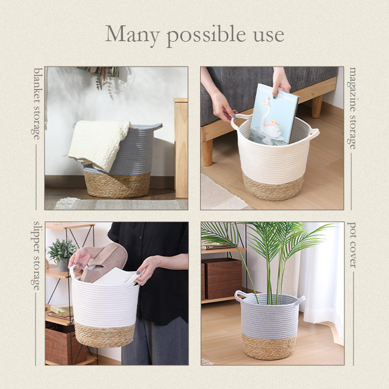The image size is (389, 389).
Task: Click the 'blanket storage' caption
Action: pyautogui.click(x=37, y=104)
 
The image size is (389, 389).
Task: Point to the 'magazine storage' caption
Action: pyautogui.click(x=352, y=108)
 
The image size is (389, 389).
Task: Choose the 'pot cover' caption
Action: pyautogui.click(x=352, y=245)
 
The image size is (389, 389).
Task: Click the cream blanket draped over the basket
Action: pyautogui.click(x=99, y=144)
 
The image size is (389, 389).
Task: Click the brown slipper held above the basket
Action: pyautogui.click(x=104, y=262)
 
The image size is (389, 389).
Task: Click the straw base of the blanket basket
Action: pyautogui.click(x=117, y=185)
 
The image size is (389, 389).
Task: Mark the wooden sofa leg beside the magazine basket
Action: pyautogui.click(x=207, y=152)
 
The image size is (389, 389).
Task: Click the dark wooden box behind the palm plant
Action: pyautogui.click(x=222, y=279)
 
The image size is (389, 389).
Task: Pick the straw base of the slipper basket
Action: pyautogui.click(x=104, y=335)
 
